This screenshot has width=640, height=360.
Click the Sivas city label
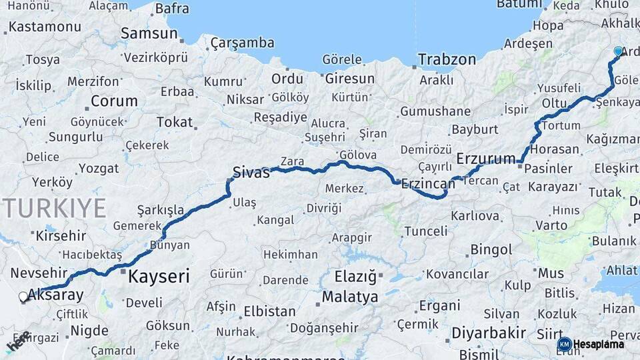(251, 173)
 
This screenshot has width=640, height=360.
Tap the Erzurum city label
(486, 159)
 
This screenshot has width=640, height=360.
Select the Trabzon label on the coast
(447, 59)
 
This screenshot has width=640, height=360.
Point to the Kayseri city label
(159, 276)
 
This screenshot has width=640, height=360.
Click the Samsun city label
(148, 33)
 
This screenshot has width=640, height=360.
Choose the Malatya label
(349, 297)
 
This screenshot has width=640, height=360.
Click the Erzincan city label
(427, 183)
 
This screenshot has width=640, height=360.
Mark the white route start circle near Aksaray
(23, 297)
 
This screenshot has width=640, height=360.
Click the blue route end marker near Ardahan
(618, 51)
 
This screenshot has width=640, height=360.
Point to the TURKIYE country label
(54, 208)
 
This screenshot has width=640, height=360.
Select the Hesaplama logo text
(598, 345)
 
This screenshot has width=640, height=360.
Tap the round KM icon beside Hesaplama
(564, 345)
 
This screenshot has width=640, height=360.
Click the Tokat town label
(174, 123)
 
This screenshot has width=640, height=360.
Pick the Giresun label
(349, 79)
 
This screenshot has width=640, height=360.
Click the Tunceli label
(426, 231)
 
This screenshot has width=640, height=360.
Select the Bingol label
(491, 250)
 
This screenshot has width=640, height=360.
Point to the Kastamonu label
(45, 27)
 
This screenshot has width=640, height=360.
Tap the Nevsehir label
(39, 273)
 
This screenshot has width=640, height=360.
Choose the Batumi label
(519, 5)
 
